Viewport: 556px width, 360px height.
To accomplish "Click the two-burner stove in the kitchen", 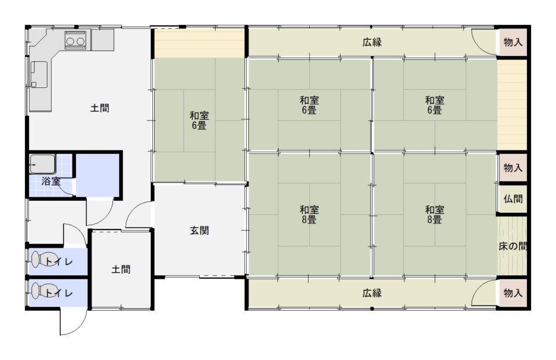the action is pyautogui.click(x=75, y=39).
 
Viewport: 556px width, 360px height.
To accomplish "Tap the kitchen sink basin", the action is pyautogui.click(x=39, y=75).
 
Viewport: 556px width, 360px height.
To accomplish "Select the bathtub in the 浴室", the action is pyautogui.click(x=42, y=164).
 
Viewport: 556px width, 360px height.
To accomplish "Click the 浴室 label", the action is pyautogui.click(x=51, y=181).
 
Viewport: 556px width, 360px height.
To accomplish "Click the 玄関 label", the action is pyautogui.click(x=199, y=231).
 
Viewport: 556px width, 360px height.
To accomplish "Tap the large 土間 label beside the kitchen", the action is pyautogui.click(x=100, y=108).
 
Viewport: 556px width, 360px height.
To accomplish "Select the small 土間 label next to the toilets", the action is pyautogui.click(x=121, y=269).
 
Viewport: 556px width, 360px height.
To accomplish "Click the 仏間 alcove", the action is pyautogui.click(x=513, y=199).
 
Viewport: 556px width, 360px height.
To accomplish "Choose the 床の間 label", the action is pyautogui.click(x=513, y=246).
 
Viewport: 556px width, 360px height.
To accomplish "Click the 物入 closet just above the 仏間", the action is pyautogui.click(x=513, y=167).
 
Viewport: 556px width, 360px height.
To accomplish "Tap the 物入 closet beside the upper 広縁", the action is pyautogui.click(x=513, y=42).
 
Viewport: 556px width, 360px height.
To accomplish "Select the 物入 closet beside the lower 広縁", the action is pyautogui.click(x=513, y=293).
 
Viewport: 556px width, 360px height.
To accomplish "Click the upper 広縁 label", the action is pyautogui.click(x=372, y=42).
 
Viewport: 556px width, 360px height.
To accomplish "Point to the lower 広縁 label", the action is pyautogui.click(x=372, y=293).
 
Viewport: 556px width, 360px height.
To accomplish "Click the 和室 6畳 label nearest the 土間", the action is pyautogui.click(x=199, y=120).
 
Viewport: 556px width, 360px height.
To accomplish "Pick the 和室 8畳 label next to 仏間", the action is pyautogui.click(x=434, y=214).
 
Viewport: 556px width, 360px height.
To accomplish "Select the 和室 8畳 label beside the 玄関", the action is pyautogui.click(x=309, y=214).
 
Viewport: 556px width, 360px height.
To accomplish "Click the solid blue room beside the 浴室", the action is pyautogui.click(x=97, y=174).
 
